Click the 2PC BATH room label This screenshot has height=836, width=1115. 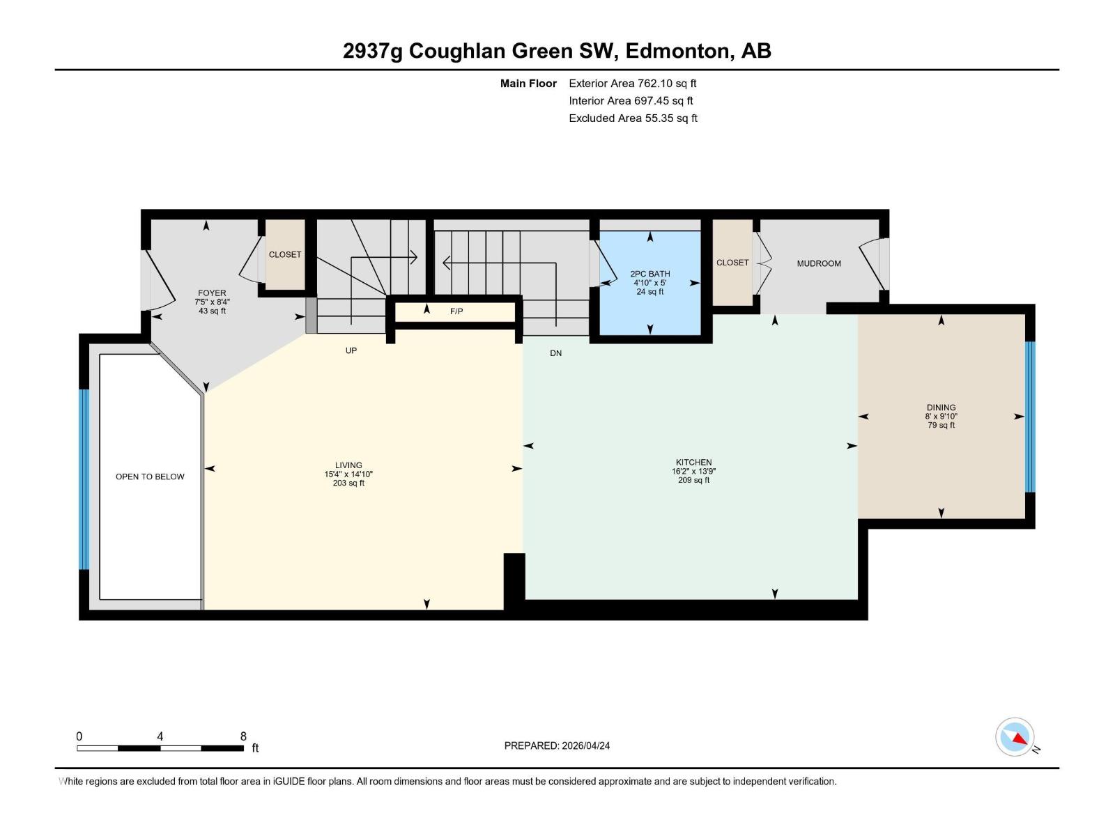[x=649, y=274]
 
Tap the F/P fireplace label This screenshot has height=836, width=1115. [x=456, y=311]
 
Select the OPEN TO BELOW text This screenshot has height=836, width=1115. [x=150, y=477]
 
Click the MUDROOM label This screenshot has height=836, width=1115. [x=819, y=263]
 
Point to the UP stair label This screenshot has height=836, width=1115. [x=351, y=350]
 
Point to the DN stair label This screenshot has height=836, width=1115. [x=555, y=353]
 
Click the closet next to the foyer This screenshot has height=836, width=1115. [x=285, y=254]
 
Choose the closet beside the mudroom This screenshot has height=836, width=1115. [x=732, y=263]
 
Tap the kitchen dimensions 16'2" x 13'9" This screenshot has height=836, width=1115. [x=693, y=471]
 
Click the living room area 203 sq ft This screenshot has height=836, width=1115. [x=348, y=483]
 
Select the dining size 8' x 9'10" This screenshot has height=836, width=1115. [x=941, y=416]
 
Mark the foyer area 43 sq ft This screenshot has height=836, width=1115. [x=212, y=311]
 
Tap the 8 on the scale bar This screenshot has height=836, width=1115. [x=243, y=736]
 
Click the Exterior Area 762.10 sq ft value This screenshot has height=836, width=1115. [x=667, y=83]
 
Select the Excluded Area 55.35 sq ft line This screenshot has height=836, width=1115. [x=633, y=118]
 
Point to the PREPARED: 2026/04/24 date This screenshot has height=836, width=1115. [x=557, y=745]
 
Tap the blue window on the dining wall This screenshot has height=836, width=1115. [x=1029, y=417]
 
